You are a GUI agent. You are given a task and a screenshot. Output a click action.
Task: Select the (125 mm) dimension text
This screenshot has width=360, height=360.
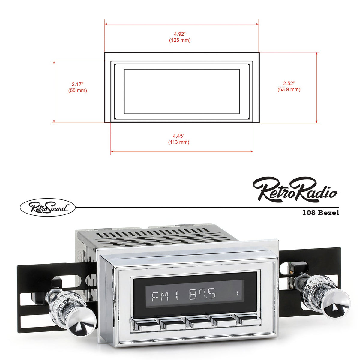coord(180,40)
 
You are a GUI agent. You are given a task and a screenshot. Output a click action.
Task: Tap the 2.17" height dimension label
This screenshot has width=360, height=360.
coord(77,84)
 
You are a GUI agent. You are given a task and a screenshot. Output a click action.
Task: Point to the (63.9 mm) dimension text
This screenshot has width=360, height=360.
coord(289,89)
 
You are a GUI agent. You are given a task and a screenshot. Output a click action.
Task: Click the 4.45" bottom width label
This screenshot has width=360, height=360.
coord(179,136)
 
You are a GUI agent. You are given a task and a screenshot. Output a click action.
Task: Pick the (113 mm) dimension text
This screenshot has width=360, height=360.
coord(179,142)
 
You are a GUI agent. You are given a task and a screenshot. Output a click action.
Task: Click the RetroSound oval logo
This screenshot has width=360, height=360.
coord(47,207)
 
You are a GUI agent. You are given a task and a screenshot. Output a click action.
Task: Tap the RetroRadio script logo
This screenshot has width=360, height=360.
coord(295,190)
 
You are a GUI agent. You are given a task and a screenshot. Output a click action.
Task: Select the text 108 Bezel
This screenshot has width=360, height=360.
coord(321,213)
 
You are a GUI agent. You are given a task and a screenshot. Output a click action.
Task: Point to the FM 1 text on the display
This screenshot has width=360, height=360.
coord(164,296)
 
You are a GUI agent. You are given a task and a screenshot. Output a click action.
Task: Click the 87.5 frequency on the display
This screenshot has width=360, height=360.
coord(202,295)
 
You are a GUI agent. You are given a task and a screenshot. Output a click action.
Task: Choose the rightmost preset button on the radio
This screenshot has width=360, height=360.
coord(247,320)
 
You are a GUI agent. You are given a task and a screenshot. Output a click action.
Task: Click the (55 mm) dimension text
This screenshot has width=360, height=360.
coord(77,90)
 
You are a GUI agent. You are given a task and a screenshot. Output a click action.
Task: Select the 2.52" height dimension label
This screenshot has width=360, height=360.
coord(289,83)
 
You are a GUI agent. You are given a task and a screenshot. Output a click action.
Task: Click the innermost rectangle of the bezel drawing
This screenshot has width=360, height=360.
coord(182,91)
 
